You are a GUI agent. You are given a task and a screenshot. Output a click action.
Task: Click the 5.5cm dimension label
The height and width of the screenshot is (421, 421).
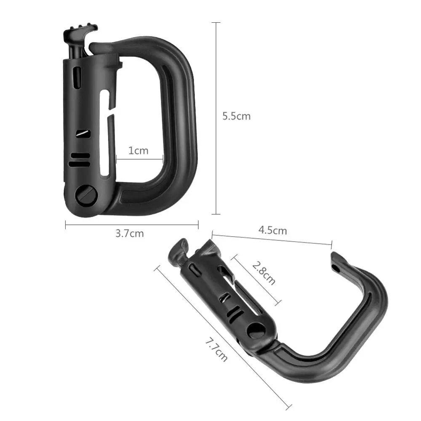point(236,116)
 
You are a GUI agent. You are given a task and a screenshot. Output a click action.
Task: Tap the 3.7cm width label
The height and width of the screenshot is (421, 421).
point(130,233)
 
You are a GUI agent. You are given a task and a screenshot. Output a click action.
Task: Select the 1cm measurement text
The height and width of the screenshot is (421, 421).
point(138,151)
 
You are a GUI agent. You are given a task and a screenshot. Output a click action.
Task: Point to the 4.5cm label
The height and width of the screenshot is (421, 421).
point(272,230)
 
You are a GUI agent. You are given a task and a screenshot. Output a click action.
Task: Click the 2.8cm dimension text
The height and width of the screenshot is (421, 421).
point(264,273)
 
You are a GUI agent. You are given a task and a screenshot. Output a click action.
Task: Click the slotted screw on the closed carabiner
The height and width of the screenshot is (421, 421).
point(86,195)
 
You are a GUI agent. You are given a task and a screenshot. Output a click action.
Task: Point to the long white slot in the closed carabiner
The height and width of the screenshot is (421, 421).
point(105,133)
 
